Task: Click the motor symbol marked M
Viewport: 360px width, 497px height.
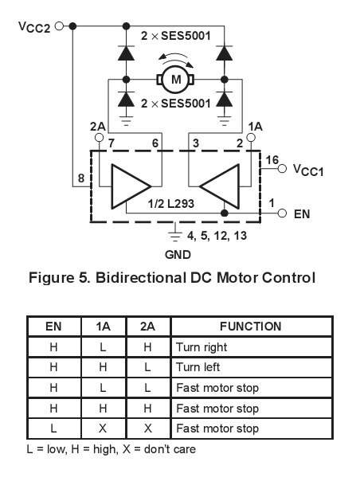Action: [x=175, y=79]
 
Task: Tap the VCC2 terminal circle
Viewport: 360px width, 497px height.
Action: [x=59, y=26]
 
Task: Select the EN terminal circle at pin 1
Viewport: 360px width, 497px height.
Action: [x=282, y=213]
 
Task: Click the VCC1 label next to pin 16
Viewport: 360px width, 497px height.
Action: [x=308, y=170]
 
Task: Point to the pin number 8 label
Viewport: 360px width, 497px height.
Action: [x=81, y=178]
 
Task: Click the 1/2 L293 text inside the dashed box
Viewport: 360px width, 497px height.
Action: [x=170, y=203]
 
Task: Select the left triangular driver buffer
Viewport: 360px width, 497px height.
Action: [x=131, y=186]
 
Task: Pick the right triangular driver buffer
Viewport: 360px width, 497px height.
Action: [x=219, y=186]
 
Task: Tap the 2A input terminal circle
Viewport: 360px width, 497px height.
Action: [x=100, y=138]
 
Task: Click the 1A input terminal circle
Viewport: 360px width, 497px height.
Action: [x=251, y=138]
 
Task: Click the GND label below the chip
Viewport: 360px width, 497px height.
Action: [x=178, y=255]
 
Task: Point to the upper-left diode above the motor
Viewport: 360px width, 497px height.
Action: [x=126, y=53]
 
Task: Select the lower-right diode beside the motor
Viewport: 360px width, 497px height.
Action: [x=225, y=99]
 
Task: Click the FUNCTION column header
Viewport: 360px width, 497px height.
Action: [x=251, y=327]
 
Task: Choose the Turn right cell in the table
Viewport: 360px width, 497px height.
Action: [x=252, y=347]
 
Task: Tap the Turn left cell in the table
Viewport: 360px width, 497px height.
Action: [x=252, y=367]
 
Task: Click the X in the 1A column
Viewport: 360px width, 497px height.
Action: [x=103, y=429]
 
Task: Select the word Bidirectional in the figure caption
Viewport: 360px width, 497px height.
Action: [x=140, y=278]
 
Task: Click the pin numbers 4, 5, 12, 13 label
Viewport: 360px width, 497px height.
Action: [x=217, y=236]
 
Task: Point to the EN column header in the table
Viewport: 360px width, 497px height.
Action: [x=53, y=327]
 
